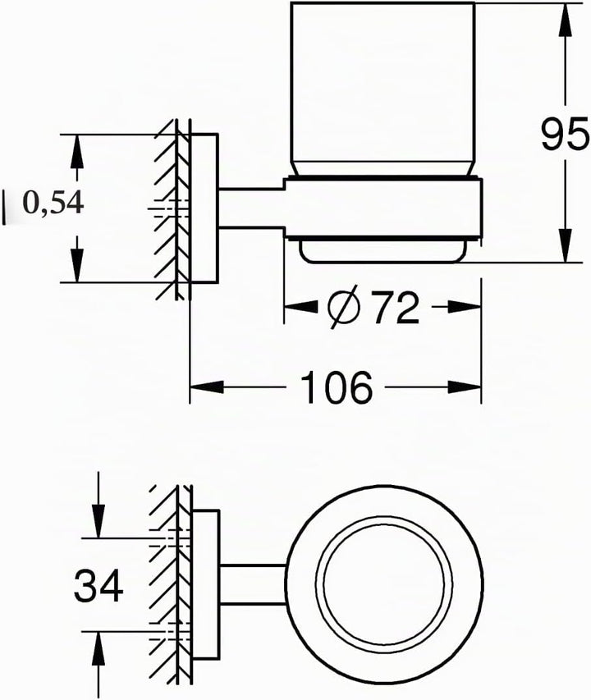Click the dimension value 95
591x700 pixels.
565,134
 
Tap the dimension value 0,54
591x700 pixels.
53,204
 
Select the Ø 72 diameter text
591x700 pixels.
373,307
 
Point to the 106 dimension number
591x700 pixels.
337,387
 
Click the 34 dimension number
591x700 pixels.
98,585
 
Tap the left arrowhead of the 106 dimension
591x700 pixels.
207,387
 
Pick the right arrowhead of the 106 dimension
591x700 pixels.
465,387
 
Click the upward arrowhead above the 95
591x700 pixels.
566,19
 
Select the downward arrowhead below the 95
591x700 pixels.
566,245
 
